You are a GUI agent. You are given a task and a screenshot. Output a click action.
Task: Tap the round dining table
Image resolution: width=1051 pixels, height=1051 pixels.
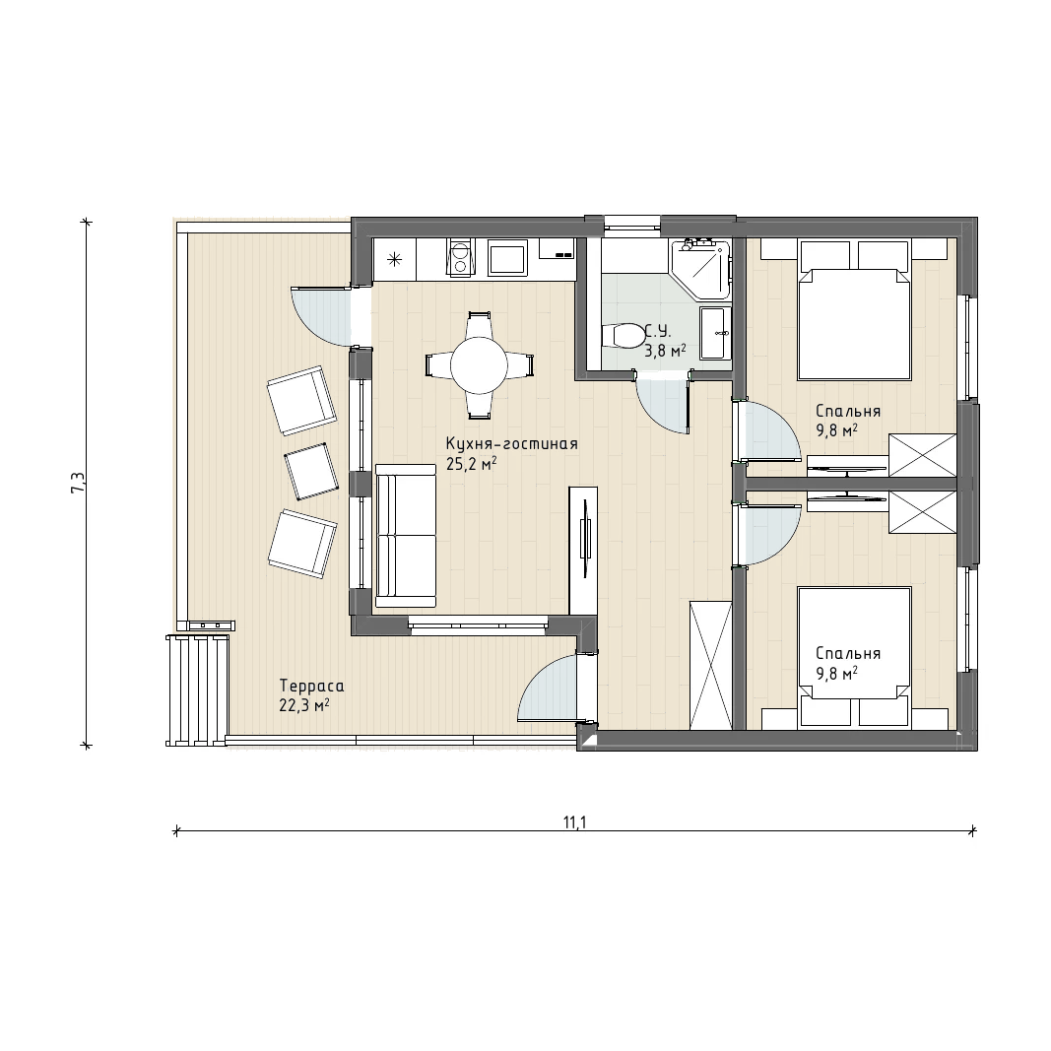pos(479,365)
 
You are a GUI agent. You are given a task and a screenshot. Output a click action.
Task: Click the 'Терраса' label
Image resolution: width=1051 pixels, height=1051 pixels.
pos(311,687)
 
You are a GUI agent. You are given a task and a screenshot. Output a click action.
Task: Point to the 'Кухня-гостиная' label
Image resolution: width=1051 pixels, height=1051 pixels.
pos(511,443)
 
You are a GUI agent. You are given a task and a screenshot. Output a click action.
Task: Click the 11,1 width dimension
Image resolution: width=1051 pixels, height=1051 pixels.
pos(575,822)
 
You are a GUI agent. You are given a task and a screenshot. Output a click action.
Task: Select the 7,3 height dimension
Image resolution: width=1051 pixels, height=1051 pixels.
pos(78,483)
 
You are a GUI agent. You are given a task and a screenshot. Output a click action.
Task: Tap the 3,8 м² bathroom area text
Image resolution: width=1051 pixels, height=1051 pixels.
pos(665,350)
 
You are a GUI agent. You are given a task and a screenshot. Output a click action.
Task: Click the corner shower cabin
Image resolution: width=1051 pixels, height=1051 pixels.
pos(700,269)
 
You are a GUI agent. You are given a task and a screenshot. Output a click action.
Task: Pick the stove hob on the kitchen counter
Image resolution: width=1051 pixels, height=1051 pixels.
pos(460,258)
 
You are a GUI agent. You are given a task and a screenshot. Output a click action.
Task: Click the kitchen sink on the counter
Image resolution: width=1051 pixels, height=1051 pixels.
pos(506,258)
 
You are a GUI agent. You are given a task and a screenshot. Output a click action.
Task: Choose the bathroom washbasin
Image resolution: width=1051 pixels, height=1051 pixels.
pos(715,333)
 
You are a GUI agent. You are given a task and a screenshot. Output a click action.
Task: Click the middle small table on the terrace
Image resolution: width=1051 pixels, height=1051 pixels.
pos(311,471)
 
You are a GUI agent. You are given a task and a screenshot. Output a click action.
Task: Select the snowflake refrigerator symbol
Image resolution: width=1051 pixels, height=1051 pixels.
pos(395,258)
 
